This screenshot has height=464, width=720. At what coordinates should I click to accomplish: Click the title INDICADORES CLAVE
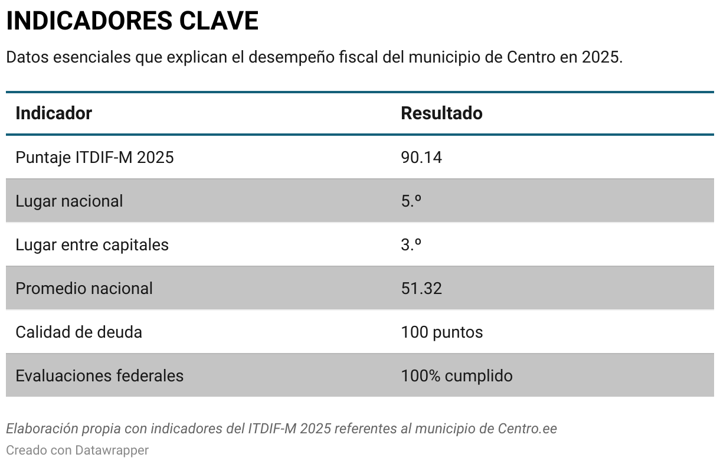click(132, 21)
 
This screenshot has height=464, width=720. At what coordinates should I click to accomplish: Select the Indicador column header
click(54, 113)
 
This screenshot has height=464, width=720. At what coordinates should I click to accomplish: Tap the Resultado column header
click(441, 113)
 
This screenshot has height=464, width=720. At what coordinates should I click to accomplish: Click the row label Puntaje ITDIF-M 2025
click(94, 158)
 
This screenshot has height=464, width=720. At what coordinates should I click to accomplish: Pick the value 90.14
click(421, 158)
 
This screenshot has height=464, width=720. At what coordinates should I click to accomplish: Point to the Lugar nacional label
click(69, 201)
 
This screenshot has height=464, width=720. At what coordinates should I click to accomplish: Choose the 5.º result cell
click(411, 201)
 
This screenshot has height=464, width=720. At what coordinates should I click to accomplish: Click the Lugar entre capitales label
click(92, 245)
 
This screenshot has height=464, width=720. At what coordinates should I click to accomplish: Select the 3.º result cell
click(411, 245)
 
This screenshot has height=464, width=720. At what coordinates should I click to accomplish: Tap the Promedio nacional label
click(84, 289)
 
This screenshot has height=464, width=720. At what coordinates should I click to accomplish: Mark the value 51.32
click(421, 289)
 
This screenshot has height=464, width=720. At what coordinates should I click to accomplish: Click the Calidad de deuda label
click(78, 332)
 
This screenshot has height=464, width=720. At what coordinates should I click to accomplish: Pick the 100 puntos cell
click(441, 332)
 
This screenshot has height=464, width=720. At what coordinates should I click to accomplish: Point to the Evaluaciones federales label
click(99, 376)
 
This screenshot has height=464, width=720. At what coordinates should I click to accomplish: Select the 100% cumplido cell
click(456, 376)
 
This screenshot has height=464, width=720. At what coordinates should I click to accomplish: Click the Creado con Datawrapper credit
click(77, 450)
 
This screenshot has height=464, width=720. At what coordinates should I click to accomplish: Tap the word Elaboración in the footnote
click(34, 429)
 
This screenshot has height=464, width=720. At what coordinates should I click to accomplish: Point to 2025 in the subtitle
click(601, 58)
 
